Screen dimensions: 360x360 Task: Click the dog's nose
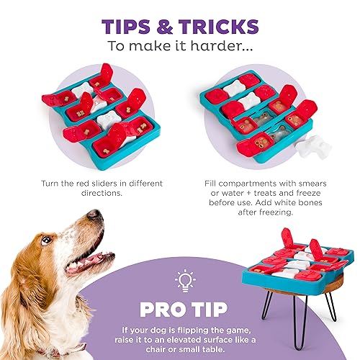click(94, 215)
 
